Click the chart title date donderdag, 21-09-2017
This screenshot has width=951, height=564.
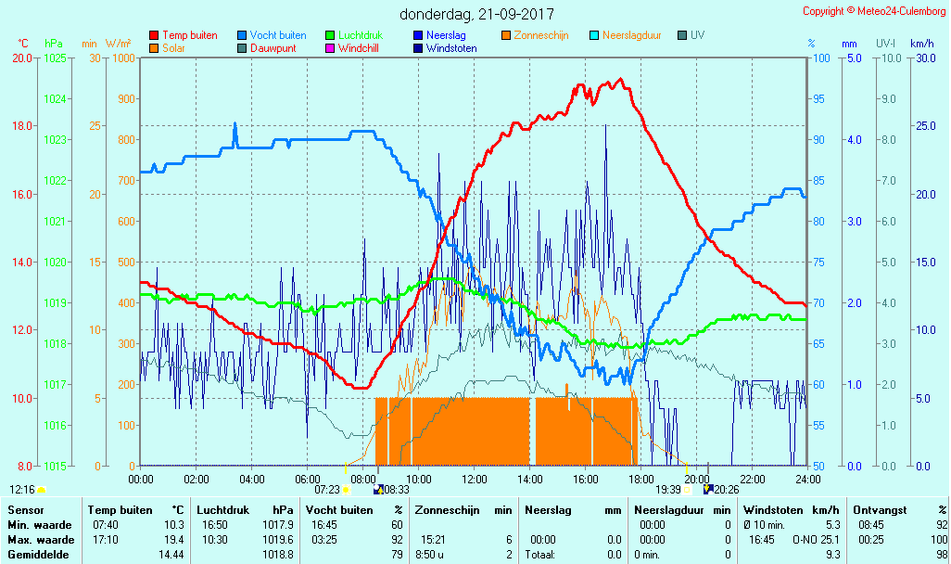point(476,14)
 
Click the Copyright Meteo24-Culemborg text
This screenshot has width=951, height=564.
point(874,11)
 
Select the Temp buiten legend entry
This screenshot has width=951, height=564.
point(189,35)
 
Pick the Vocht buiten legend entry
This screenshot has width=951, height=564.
point(277,35)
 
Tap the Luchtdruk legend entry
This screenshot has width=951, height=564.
point(364,35)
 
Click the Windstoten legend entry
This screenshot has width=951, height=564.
point(451,48)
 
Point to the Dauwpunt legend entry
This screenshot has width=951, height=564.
point(273,48)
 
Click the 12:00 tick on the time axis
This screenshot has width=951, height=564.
point(475,479)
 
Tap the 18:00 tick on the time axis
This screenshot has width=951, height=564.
point(640,479)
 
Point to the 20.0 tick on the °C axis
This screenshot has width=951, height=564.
point(22,58)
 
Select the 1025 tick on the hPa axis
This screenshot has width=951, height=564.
point(55,58)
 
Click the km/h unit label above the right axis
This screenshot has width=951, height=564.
point(921,44)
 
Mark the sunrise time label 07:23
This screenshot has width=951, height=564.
point(327,489)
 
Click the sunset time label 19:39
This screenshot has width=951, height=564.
point(668,489)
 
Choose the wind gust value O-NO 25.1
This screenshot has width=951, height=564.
point(815,539)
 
